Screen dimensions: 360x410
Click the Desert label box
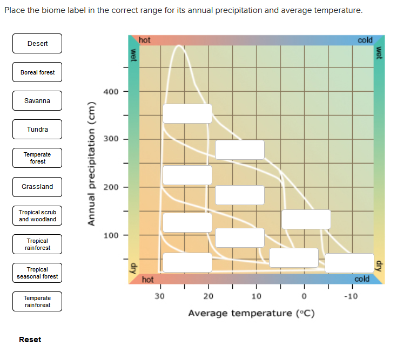coord(37,44)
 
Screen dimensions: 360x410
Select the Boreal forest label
coord(37,72)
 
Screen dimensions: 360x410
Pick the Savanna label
coord(37,101)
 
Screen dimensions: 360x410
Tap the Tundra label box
coord(37,130)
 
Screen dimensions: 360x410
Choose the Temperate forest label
coord(37,158)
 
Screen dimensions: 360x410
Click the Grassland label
coord(37,187)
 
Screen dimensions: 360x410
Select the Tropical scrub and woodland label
coord(37,215)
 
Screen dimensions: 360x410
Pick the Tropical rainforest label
coord(37,244)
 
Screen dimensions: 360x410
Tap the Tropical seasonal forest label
coord(37,273)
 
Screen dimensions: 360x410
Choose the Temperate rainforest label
coord(37,301)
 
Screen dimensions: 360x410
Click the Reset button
coord(30,339)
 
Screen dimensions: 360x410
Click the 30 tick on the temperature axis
coord(159,296)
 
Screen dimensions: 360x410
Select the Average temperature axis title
coord(251,313)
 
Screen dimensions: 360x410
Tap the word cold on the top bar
coord(365,40)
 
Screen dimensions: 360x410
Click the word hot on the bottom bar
coord(148,280)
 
